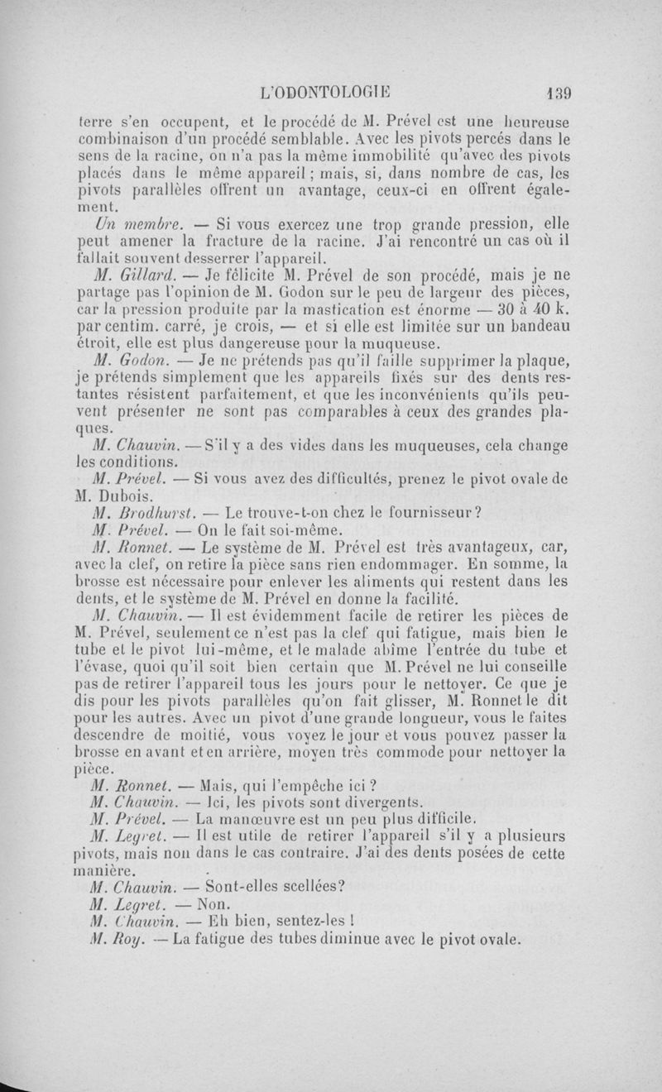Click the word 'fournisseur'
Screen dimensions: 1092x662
point(425,512)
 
